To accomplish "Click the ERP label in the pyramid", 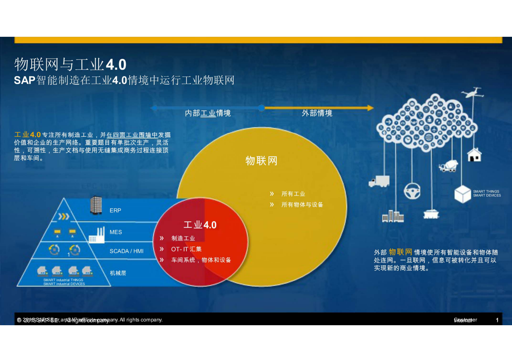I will tap(115, 210).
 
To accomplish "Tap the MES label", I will tap(115, 232).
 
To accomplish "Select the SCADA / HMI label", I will tap(126, 251).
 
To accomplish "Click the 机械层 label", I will tap(118, 273).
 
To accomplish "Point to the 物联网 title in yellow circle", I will tap(261, 161).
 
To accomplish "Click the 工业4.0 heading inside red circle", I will tap(200, 225).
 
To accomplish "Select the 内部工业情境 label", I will tap(207, 113).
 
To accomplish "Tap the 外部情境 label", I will tap(317, 113).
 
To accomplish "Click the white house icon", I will tap(474, 155).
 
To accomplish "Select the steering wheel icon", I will tap(412, 191).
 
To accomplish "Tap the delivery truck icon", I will tap(379, 181).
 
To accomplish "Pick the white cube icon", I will tap(462, 194).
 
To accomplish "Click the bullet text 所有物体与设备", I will tap(302, 205).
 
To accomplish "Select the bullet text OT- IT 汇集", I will tap(186, 249).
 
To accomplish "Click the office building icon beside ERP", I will tap(96, 205).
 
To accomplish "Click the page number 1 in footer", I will tap(497, 320).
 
